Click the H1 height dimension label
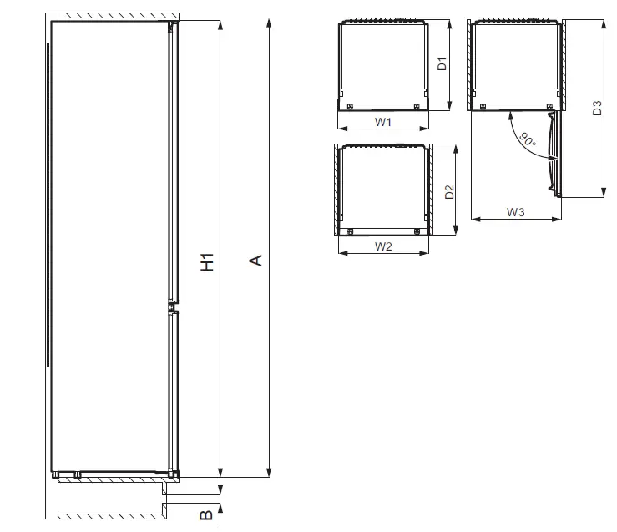207,261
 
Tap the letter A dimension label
256,261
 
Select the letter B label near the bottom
206,515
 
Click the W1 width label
383,122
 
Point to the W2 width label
383,246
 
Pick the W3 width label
515,212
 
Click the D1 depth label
443,63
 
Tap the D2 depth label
449,192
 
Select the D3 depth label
597,109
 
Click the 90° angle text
528,139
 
